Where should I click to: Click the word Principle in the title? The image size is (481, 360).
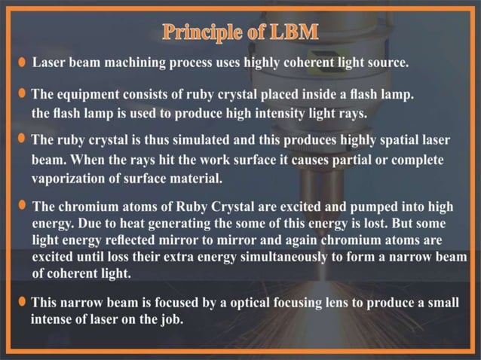point(199,32)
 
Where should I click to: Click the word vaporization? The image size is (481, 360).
point(66,178)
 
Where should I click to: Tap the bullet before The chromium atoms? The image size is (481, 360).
point(23,206)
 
